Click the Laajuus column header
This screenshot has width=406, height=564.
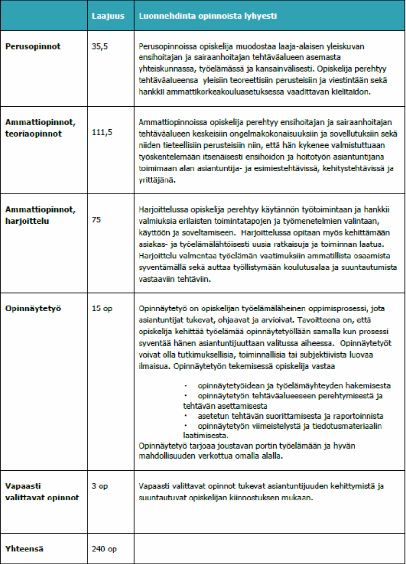[108, 16]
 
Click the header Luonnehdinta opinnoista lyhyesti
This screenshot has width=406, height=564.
[207, 16]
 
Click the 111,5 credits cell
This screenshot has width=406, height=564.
[101, 133]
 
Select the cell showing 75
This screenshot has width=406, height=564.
[96, 218]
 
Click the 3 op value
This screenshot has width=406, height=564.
[100, 487]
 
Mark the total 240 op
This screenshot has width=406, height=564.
[104, 549]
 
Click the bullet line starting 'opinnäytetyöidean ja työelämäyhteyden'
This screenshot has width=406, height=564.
[293, 386]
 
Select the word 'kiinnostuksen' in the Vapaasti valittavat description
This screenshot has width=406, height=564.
[266, 498]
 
